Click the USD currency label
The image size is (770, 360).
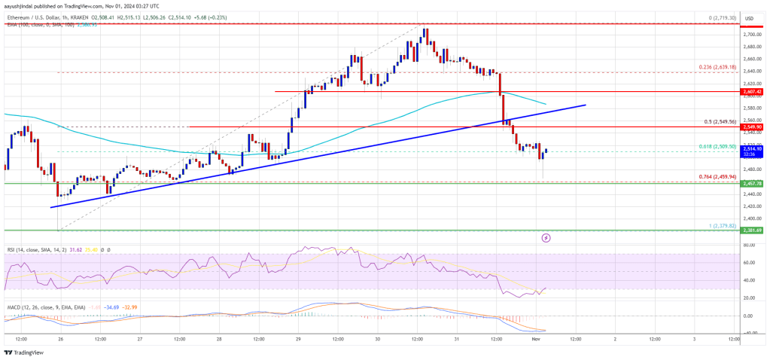750,17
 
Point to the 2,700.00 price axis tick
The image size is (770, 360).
750,35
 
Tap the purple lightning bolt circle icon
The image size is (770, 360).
546,238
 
